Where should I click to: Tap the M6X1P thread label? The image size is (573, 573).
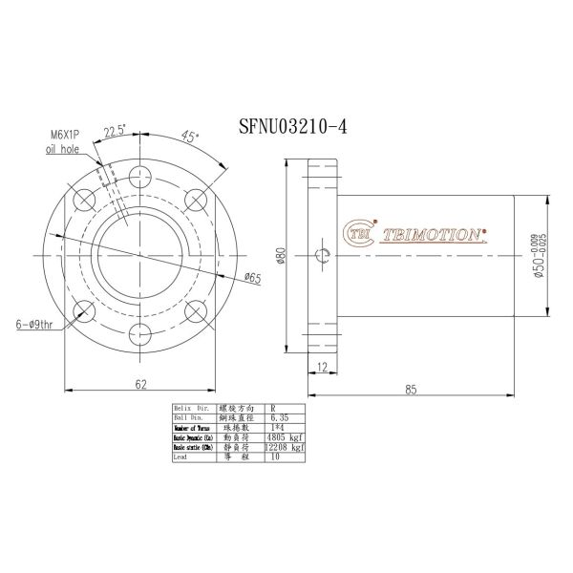(66, 136)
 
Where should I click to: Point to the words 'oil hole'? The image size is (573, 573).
(63, 150)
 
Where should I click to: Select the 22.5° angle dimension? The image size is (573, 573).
(116, 131)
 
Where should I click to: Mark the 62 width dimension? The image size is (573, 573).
(140, 384)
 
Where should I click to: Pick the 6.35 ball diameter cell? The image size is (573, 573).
(280, 416)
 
